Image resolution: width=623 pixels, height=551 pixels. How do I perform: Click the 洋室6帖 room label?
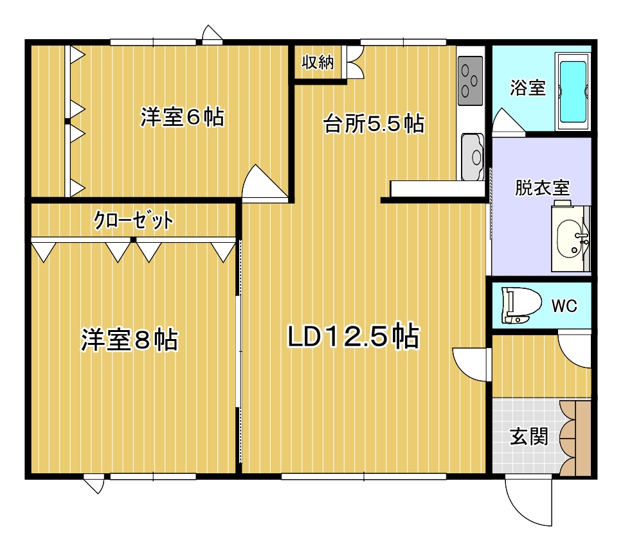click(183, 117)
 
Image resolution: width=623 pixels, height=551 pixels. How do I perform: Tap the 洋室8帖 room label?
click(130, 340)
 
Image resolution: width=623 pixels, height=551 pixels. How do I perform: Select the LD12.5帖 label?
click(353, 337)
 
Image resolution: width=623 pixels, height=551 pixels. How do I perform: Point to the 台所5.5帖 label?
click(374, 123)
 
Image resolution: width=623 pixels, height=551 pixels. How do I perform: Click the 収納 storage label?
click(318, 62)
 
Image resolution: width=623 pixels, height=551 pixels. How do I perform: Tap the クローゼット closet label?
click(134, 220)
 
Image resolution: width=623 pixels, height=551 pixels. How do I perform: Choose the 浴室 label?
click(528, 87)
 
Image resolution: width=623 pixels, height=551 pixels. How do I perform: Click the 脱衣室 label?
click(542, 188)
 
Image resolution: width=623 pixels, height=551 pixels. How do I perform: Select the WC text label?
click(564, 306)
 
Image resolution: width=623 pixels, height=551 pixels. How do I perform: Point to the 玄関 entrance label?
click(529, 436)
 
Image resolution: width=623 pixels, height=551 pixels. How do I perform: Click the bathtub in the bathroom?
click(573, 91)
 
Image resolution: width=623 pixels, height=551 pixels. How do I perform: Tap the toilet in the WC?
click(521, 305)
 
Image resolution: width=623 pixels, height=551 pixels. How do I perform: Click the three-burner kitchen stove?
click(471, 80)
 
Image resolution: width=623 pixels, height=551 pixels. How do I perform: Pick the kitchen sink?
click(473, 157)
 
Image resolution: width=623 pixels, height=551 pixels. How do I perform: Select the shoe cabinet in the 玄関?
click(575, 437)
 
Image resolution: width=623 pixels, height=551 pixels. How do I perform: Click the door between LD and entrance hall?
click(469, 364)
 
